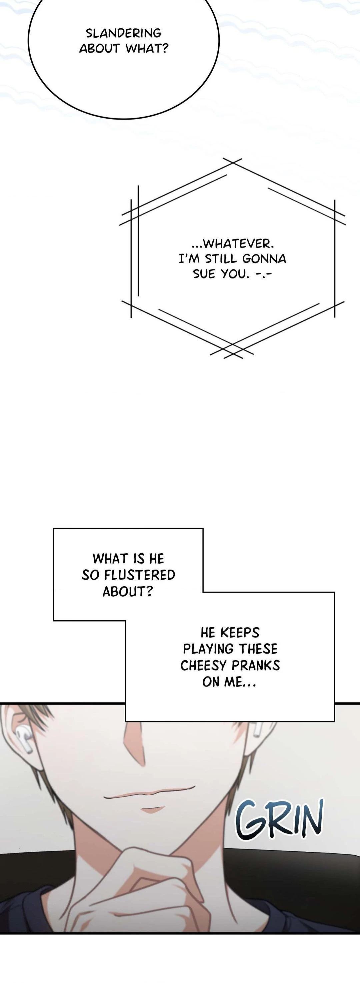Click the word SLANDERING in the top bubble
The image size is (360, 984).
(123, 33)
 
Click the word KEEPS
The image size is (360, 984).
(240, 633)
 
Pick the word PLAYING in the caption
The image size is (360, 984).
(208, 649)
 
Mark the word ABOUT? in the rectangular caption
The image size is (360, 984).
(127, 591)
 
